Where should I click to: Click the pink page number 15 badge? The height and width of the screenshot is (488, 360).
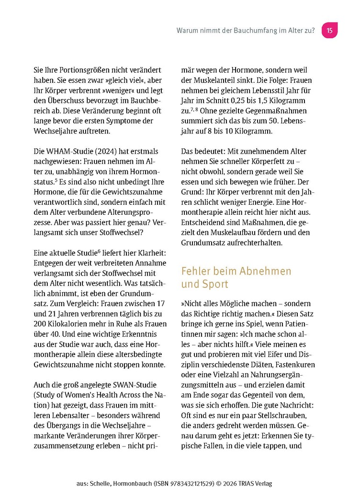pyautogui.click(x=329, y=30)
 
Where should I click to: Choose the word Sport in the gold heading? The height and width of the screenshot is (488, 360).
pyautogui.click(x=215, y=284)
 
